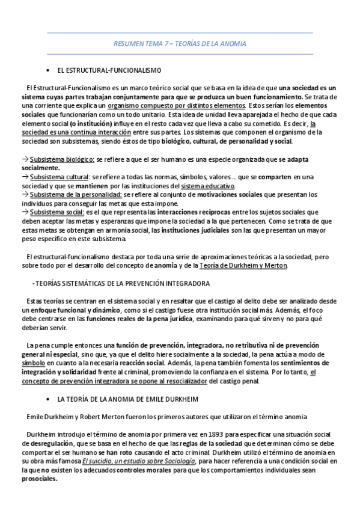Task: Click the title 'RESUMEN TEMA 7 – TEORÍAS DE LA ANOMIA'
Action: point(180,45)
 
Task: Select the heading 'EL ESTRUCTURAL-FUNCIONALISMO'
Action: point(109,70)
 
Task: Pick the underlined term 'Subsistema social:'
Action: point(57,212)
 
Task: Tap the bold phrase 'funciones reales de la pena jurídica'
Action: point(141,318)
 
